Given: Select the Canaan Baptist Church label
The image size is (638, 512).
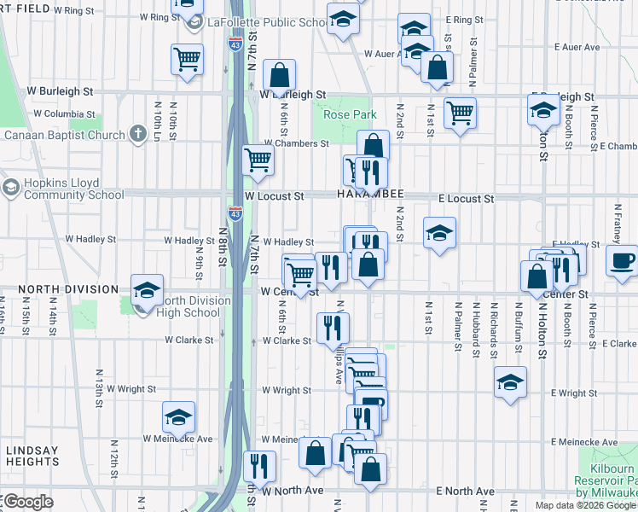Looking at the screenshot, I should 64,135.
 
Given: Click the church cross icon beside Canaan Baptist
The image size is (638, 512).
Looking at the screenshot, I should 138,134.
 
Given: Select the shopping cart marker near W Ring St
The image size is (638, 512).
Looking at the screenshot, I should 187,60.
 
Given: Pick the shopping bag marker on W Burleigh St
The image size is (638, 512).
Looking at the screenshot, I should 279,74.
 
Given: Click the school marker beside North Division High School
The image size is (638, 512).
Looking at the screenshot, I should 147,290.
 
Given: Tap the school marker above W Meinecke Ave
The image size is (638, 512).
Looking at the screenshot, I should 178,416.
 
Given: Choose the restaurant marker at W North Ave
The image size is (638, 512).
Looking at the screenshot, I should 259,466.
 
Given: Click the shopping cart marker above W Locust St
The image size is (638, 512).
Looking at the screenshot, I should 258,160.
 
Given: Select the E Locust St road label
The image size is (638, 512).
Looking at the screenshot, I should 466,198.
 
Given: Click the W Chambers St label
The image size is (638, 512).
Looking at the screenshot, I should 296,143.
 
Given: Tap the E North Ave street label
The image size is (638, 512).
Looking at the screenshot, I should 465,492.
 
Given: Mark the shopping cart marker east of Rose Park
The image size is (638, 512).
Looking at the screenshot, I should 460,112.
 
